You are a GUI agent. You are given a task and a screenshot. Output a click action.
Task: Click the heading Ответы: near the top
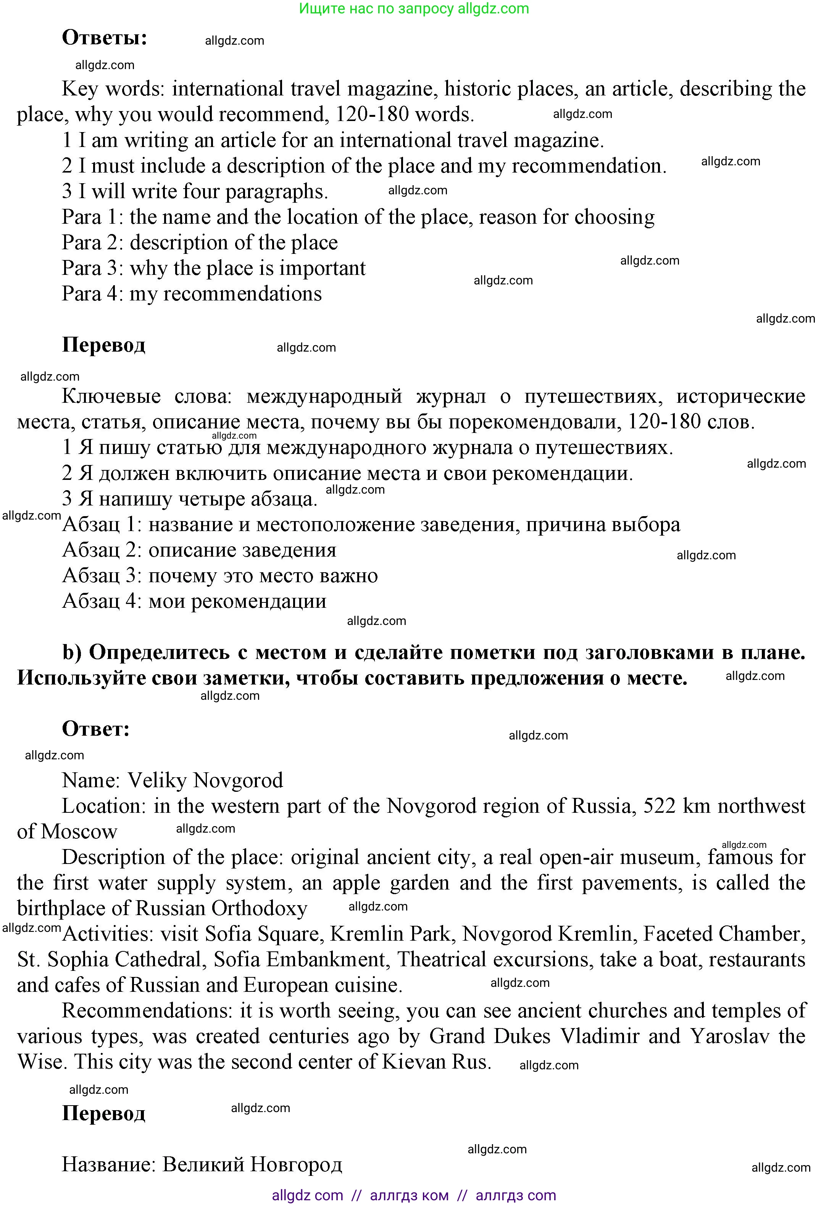click(105, 37)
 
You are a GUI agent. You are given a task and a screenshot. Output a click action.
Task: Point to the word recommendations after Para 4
click(243, 294)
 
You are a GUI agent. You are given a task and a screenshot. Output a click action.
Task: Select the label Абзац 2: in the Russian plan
click(102, 550)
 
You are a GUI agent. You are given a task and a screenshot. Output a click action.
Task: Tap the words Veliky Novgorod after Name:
click(205, 780)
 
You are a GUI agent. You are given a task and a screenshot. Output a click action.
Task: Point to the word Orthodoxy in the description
click(259, 908)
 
